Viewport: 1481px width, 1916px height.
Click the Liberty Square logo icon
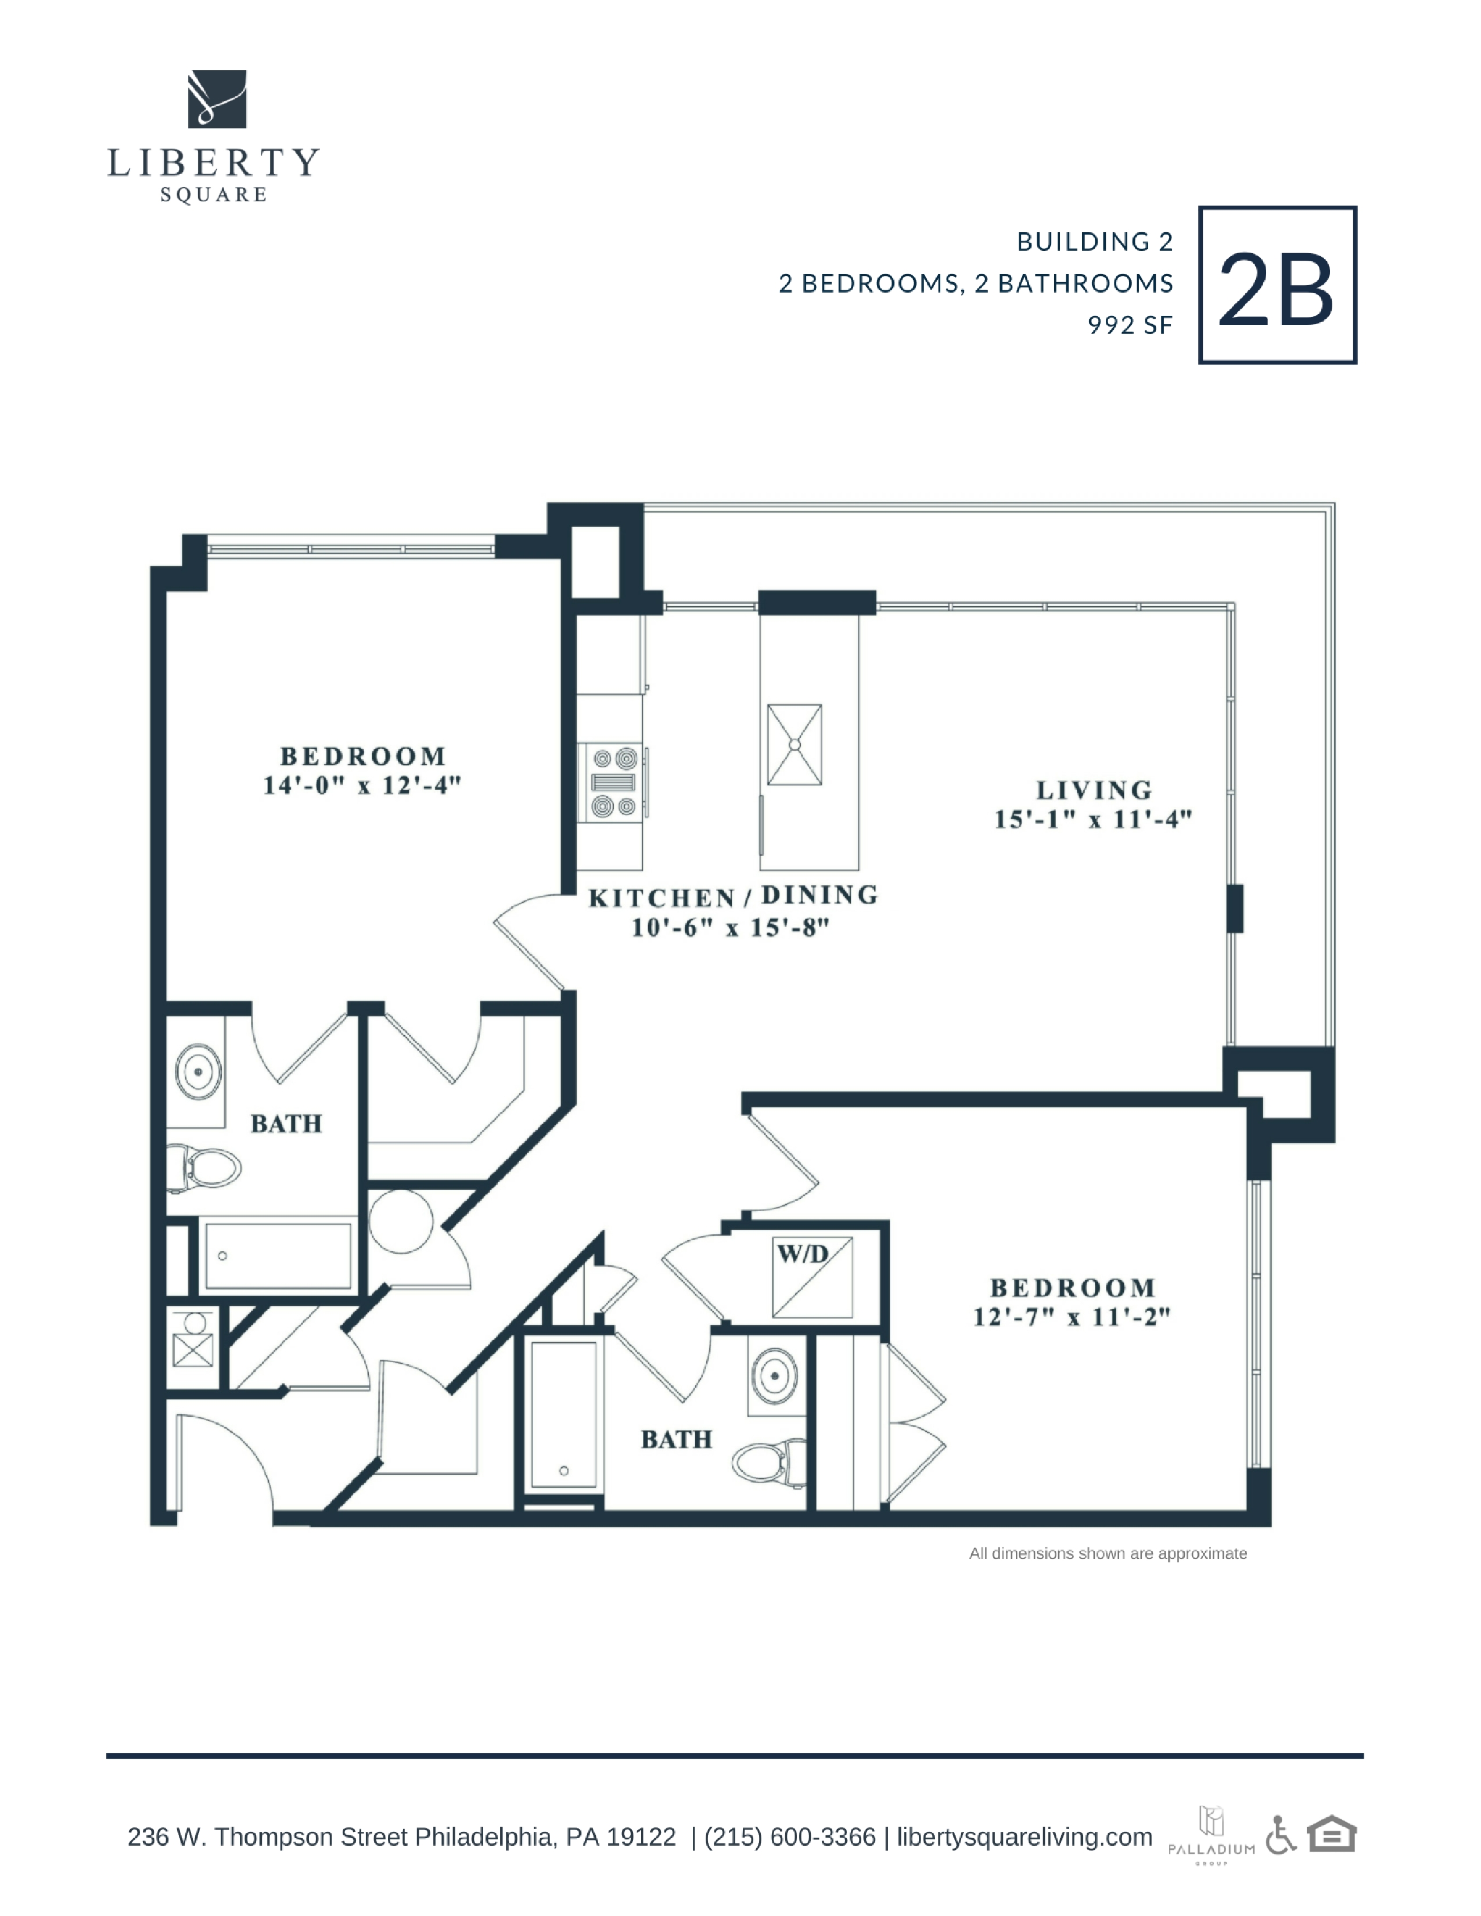coord(217,99)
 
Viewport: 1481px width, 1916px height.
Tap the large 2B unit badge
coord(1278,285)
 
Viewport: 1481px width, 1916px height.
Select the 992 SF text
coord(1130,326)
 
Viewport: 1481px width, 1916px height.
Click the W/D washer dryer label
coord(803,1254)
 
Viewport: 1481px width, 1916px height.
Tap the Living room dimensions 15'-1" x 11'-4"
coord(1093,819)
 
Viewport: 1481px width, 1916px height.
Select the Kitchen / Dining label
coord(734,896)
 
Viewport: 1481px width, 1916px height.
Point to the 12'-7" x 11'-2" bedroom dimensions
coord(1072,1317)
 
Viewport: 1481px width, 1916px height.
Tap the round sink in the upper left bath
coord(198,1071)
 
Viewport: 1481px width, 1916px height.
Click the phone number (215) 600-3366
coord(790,1837)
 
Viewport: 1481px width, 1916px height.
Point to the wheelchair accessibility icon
coord(1282,1835)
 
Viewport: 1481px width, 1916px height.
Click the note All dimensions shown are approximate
coord(1108,1554)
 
